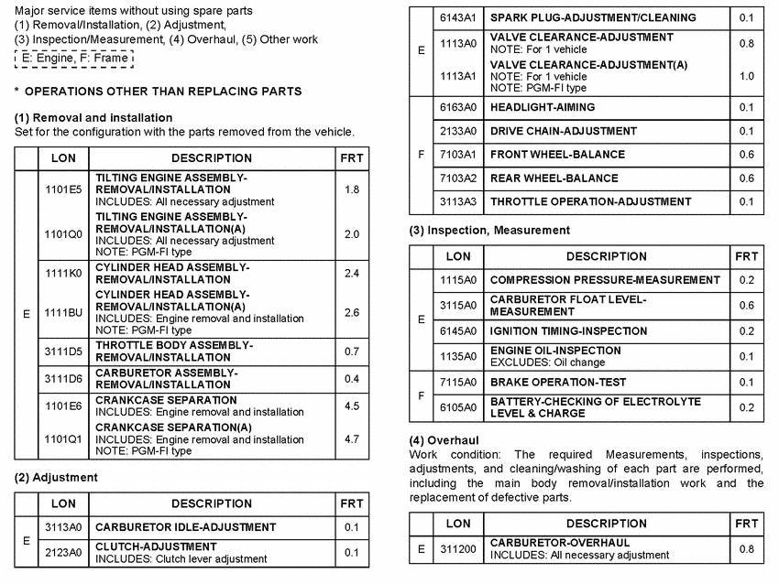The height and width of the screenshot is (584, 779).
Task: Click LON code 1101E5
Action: click(63, 189)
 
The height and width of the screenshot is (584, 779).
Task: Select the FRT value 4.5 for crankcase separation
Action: click(352, 406)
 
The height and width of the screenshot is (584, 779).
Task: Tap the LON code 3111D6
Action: click(63, 379)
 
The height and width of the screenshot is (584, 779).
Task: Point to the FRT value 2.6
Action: click(352, 313)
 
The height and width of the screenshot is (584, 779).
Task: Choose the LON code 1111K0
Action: click(63, 273)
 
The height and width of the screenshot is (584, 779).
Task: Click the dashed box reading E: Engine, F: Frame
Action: click(74, 59)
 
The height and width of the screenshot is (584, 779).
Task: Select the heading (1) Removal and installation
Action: click(93, 118)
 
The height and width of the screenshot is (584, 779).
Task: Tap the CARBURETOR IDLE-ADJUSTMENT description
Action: click(185, 527)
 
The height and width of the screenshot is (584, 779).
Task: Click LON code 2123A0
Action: click(63, 552)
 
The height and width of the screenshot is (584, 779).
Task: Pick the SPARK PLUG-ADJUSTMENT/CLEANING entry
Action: click(593, 17)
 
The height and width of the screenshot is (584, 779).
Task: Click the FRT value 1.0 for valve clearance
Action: click(746, 77)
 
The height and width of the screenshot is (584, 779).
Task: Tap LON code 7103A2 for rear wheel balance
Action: click(458, 178)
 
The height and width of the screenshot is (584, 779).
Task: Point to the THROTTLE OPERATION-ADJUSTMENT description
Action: click(590, 201)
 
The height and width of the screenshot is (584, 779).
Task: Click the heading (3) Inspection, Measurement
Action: click(489, 231)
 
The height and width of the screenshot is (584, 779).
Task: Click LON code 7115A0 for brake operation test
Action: click(458, 382)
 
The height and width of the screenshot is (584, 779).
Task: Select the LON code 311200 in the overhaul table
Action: click(458, 549)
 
